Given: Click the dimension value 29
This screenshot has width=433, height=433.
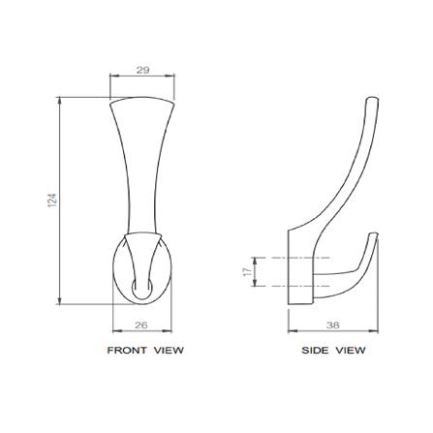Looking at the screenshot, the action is [x=142, y=70].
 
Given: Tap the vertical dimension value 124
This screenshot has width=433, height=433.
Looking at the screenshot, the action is [x=52, y=201].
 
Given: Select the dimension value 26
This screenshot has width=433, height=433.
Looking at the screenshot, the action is [x=140, y=325].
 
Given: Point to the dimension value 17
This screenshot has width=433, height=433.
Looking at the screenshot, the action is [x=246, y=271].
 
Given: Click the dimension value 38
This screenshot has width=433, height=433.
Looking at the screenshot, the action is [x=332, y=325].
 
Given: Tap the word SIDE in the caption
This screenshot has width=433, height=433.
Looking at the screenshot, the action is [x=316, y=351].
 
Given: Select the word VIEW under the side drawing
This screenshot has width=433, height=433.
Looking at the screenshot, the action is [x=352, y=351].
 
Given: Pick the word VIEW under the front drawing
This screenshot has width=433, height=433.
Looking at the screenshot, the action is [x=169, y=351].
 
